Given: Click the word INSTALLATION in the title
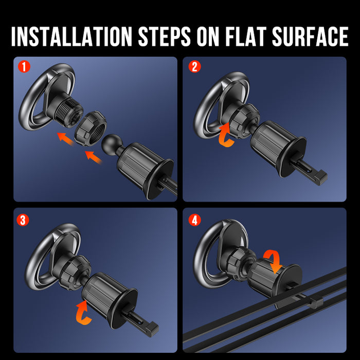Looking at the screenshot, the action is [x=71, y=37].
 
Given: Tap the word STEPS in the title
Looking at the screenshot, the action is [x=164, y=37].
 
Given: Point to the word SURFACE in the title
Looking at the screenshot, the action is [x=311, y=37].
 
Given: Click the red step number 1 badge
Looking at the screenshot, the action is [x=24, y=66].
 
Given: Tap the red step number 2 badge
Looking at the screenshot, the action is [x=195, y=66].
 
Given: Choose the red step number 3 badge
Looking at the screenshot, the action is [x=23, y=220].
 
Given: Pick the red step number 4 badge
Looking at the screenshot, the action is [x=195, y=220].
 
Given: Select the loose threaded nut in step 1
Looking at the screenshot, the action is [x=91, y=129].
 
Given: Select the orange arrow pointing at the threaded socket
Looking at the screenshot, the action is [x=66, y=139].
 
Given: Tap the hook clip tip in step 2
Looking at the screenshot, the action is [x=321, y=177].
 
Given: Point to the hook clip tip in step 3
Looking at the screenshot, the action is [x=152, y=329].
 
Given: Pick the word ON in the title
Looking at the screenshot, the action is [x=208, y=37].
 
